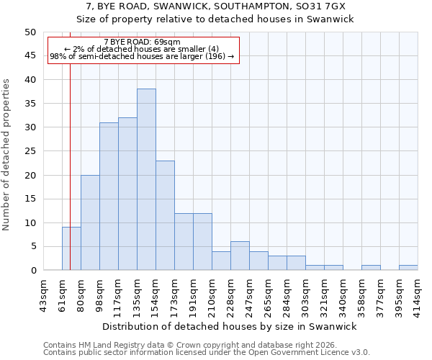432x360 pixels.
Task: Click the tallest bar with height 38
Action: point(146,179)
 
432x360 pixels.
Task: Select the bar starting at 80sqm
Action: point(90,222)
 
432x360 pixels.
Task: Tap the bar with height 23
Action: point(165,215)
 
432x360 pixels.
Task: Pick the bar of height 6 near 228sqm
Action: point(240,256)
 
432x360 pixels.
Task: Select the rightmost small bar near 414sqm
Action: point(408,268)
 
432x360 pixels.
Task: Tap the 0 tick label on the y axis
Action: point(32,271)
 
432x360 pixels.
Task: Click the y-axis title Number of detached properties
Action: point(6,155)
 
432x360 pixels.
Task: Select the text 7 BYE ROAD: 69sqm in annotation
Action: point(142,42)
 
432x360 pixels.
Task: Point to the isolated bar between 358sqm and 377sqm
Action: point(371,268)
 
